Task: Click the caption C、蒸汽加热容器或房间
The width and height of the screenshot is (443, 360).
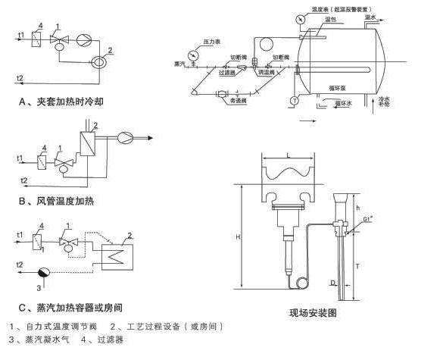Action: click(x=70, y=307)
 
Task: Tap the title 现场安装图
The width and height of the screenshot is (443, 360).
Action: click(x=313, y=312)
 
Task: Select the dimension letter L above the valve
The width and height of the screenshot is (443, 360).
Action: click(x=288, y=155)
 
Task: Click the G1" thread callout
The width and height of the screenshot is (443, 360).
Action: click(x=369, y=221)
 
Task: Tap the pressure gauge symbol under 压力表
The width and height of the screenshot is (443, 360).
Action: click(x=198, y=55)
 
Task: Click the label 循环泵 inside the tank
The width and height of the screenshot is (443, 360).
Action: click(x=337, y=77)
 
